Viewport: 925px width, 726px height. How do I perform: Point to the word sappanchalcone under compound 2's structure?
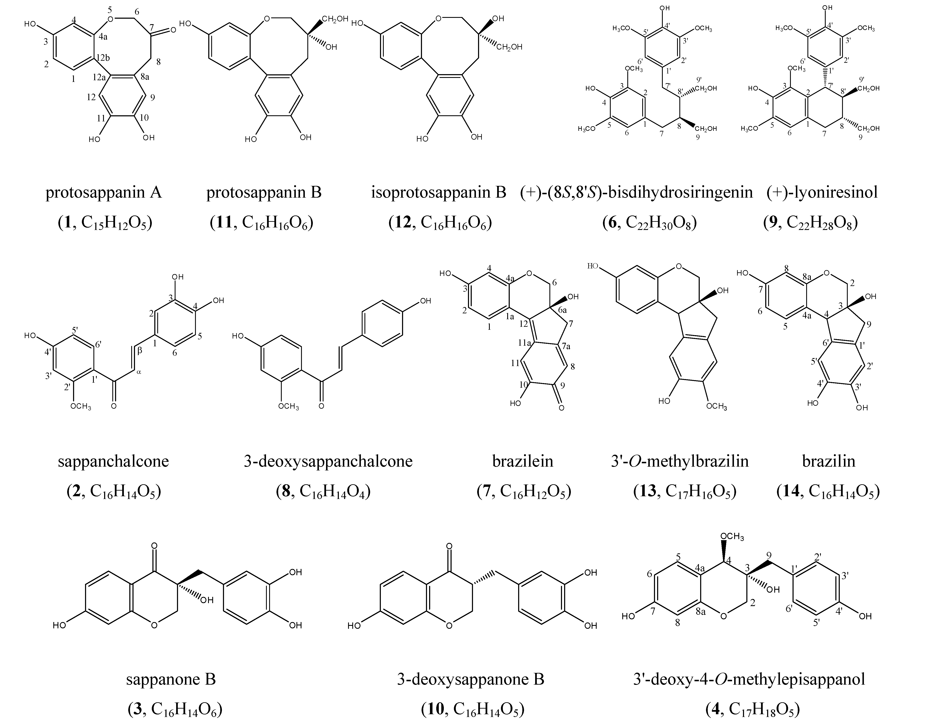[x=113, y=461]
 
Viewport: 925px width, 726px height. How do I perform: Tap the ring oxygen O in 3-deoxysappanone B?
[x=449, y=625]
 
